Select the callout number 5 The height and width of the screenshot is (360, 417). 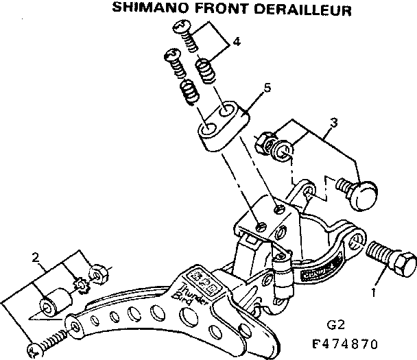click(x=267, y=88)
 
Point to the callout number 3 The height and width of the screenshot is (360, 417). click(x=333, y=123)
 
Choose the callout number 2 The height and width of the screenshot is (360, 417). click(x=36, y=259)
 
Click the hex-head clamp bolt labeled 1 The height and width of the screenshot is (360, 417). click(x=392, y=258)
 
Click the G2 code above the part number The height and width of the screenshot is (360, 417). click(x=334, y=324)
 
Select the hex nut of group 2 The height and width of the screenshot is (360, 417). click(x=97, y=275)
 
